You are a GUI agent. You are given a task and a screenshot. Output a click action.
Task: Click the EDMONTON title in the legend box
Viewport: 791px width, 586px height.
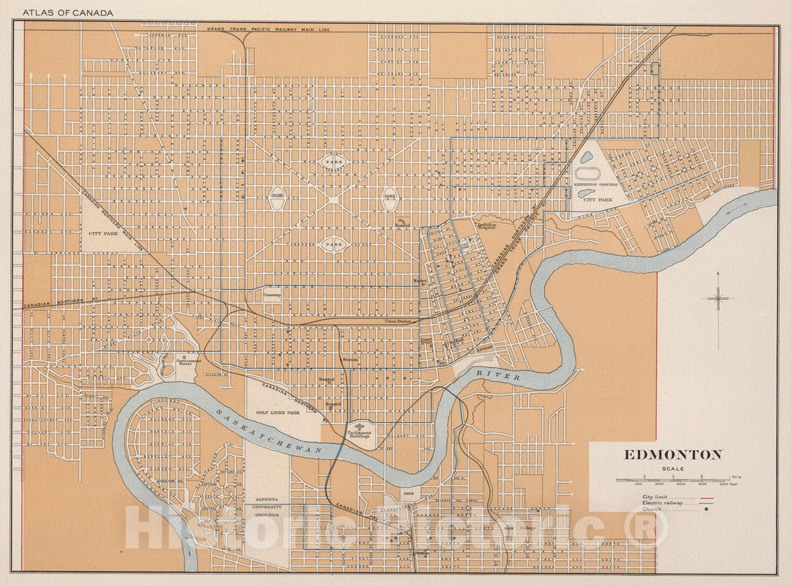pos(673,454)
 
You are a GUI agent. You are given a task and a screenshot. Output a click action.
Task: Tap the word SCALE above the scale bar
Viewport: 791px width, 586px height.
pos(673,469)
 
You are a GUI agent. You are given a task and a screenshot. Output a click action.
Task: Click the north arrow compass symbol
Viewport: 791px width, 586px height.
pos(719,298)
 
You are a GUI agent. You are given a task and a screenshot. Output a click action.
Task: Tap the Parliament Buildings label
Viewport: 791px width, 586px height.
pos(360,434)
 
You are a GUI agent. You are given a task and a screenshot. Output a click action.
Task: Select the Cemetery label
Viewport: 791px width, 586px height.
pos(272,295)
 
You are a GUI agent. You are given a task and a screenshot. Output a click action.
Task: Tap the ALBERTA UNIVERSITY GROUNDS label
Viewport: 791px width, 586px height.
pos(267,506)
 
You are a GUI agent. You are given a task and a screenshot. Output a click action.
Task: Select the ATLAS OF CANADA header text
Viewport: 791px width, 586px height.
pos(67,13)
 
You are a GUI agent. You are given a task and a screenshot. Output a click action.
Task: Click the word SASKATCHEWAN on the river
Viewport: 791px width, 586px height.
pos(269,434)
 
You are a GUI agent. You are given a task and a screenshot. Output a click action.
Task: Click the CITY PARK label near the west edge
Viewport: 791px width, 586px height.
pos(104,233)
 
